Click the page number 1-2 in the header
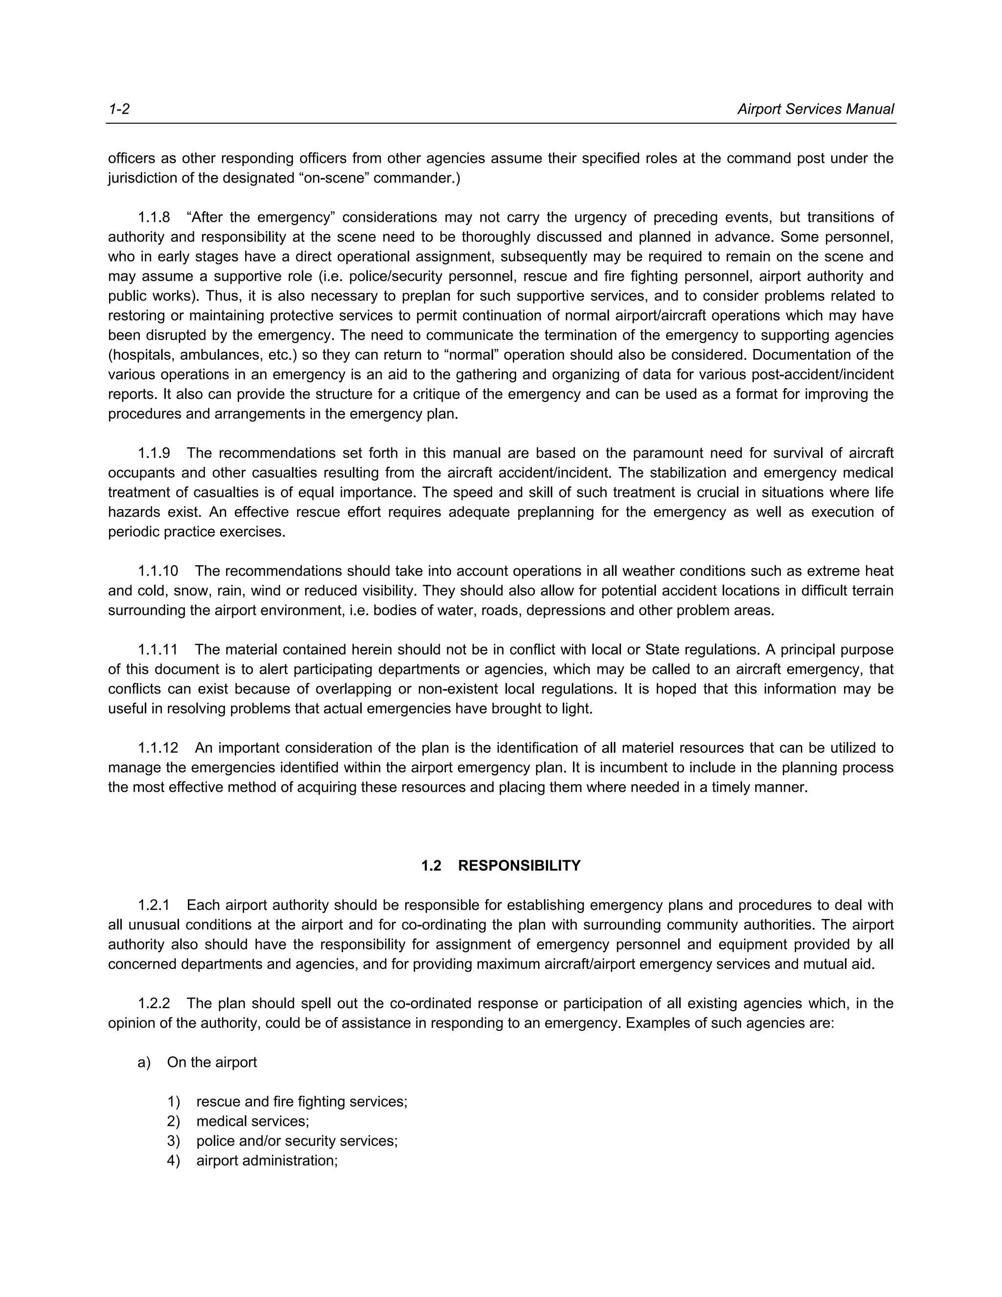[119, 109]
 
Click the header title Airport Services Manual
[815, 109]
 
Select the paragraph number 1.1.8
[154, 217]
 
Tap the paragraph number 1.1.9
[154, 453]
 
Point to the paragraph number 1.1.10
[158, 571]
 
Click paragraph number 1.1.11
[158, 649]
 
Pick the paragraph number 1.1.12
[158, 748]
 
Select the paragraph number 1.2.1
[154, 905]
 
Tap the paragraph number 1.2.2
[154, 1004]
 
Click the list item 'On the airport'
[212, 1063]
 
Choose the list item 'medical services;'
[252, 1121]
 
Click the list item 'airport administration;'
[267, 1160]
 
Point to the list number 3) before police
[173, 1141]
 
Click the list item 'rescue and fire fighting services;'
[301, 1102]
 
